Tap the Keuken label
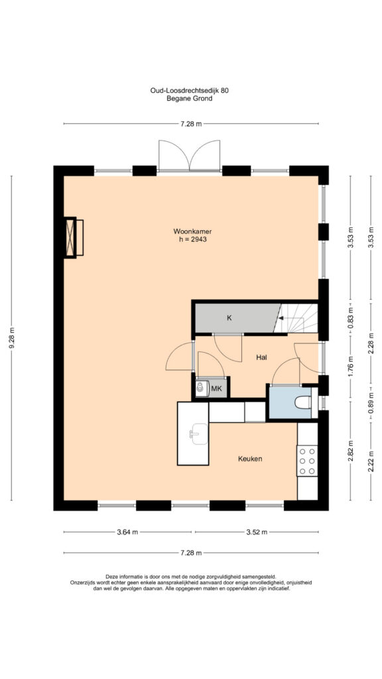coord(250,459)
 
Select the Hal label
coord(261,357)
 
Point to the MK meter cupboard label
coord(216,389)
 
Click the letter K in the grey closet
coord(229,318)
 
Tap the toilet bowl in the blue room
coord(302,403)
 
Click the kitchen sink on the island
coord(199,434)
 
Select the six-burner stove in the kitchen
coord(307,460)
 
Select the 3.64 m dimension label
coord(128,532)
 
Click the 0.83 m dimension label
coord(351,318)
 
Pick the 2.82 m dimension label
coord(351,451)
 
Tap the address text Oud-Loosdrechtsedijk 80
coord(189,91)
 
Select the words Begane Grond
coord(189,98)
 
